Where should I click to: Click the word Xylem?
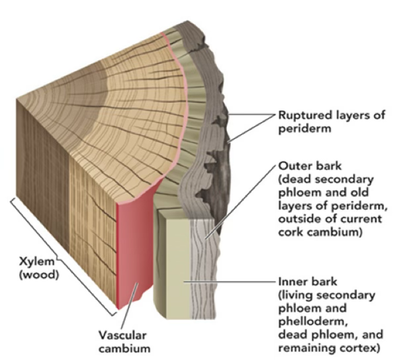32,261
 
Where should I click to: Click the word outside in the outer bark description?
300,219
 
